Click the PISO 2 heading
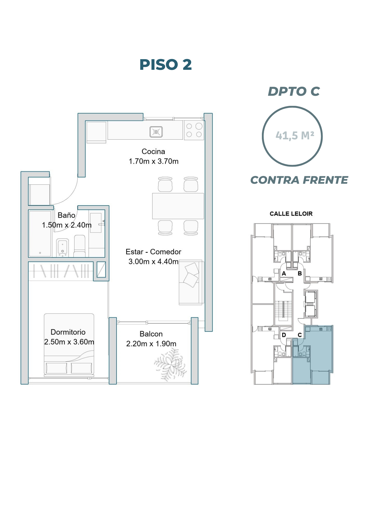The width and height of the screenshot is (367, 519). pos(166,65)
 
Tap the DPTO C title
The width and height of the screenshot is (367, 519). pos(294,91)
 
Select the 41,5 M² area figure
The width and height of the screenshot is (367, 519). pos(295,135)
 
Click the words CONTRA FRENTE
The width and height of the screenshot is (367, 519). pos(299,180)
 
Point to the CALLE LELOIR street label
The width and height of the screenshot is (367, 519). pos(291,214)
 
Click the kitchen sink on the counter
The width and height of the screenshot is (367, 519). pos(156,132)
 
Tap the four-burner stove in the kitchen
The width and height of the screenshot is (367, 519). pos(194,130)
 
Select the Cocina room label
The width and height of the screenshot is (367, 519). pos(153,152)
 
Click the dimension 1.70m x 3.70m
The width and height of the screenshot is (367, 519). pos(154,161)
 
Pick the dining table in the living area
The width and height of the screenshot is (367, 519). pos(178,206)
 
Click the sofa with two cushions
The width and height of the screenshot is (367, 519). pos(191,282)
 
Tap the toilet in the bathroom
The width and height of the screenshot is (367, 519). pos(80,246)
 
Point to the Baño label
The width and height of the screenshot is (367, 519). pos(66,215)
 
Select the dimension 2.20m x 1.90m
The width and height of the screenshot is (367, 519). pos(151,344)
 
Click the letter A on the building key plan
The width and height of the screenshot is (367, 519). pos(284,274)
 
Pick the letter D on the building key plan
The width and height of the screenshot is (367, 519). pos(284,335)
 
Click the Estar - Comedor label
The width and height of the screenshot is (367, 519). pos(153,252)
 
